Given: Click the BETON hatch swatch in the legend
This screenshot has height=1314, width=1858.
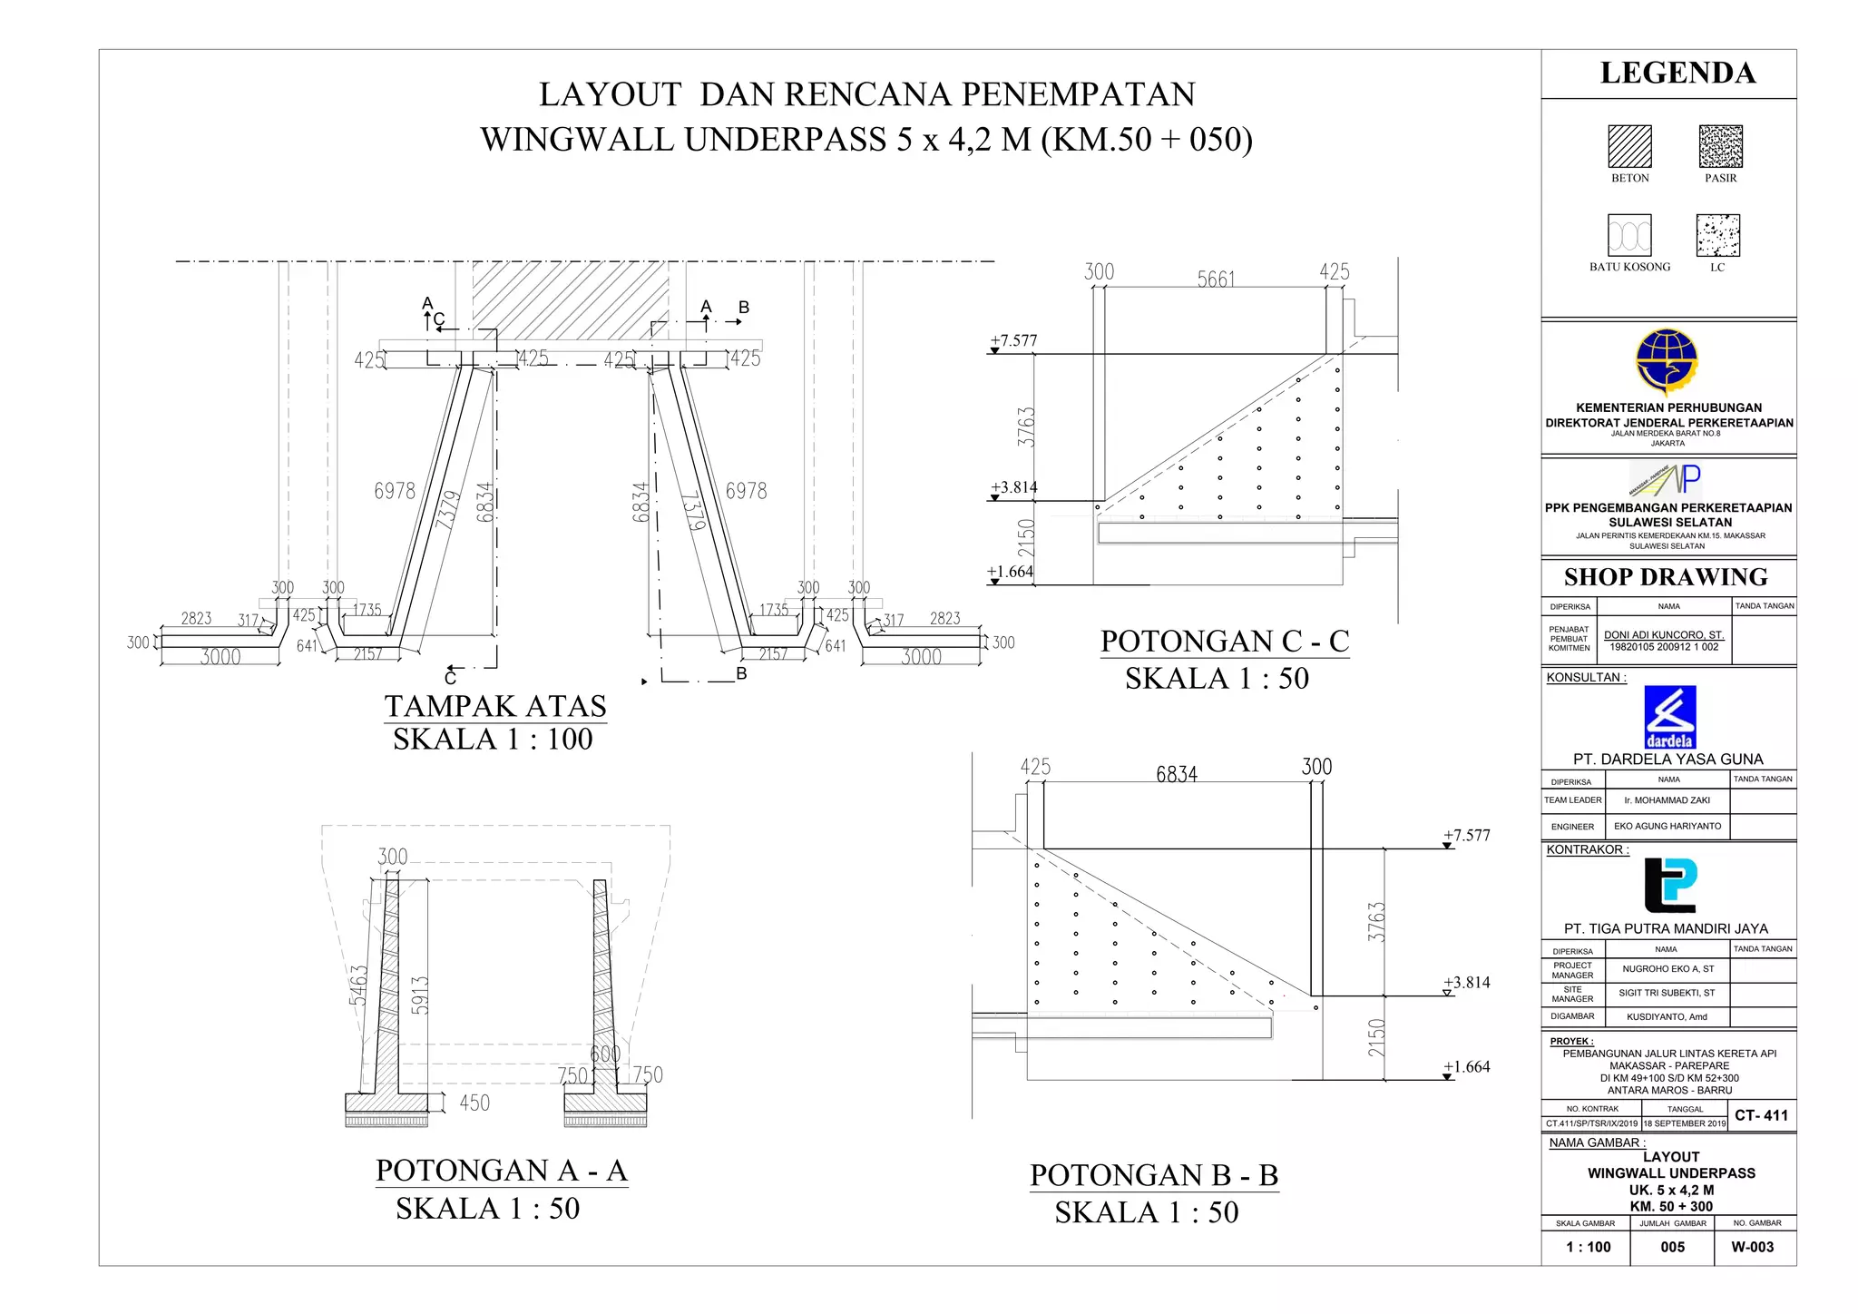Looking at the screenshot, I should click(1629, 146).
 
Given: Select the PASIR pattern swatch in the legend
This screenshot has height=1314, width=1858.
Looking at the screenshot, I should click(1720, 146).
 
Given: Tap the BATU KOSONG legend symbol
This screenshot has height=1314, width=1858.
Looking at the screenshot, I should click(1629, 236).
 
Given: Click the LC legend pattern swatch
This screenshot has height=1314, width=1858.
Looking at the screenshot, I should click(1717, 236).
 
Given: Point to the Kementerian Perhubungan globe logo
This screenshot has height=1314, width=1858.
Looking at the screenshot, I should click(1667, 362).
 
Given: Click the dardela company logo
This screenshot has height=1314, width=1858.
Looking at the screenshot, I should click(1669, 717).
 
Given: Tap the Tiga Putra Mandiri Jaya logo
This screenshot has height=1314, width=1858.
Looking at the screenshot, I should click(1669, 885).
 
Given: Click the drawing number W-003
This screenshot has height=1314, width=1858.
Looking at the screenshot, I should click(1752, 1247).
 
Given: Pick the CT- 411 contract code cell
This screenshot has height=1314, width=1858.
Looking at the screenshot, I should click(1761, 1115).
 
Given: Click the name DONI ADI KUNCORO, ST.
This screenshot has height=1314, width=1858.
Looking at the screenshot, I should click(1663, 635).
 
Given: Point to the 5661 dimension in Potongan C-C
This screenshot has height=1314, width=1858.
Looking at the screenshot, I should click(1216, 279).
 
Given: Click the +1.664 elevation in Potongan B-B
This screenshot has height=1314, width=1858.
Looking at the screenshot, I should click(1467, 1067).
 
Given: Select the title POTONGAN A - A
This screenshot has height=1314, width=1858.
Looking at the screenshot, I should click(502, 1171).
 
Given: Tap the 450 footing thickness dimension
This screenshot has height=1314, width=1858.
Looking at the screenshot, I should click(474, 1103).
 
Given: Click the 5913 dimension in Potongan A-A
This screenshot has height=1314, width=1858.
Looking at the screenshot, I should click(419, 995).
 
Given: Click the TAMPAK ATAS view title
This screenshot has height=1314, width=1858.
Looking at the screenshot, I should click(495, 706).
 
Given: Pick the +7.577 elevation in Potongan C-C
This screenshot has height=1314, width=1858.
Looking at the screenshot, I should click(1013, 340).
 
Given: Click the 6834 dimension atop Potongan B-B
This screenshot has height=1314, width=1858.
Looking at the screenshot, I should click(1177, 774).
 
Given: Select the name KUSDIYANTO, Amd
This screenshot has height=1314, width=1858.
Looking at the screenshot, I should click(1667, 1017).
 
